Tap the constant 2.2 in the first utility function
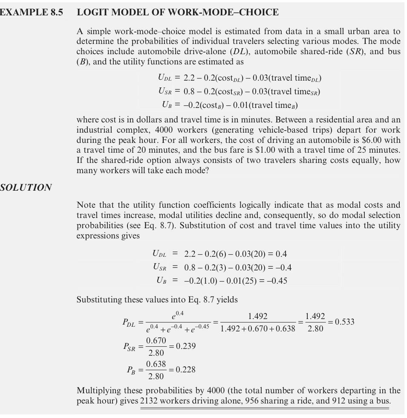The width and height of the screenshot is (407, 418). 189,78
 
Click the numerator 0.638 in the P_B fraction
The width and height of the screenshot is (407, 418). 156,364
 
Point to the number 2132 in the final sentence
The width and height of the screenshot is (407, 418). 150,401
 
